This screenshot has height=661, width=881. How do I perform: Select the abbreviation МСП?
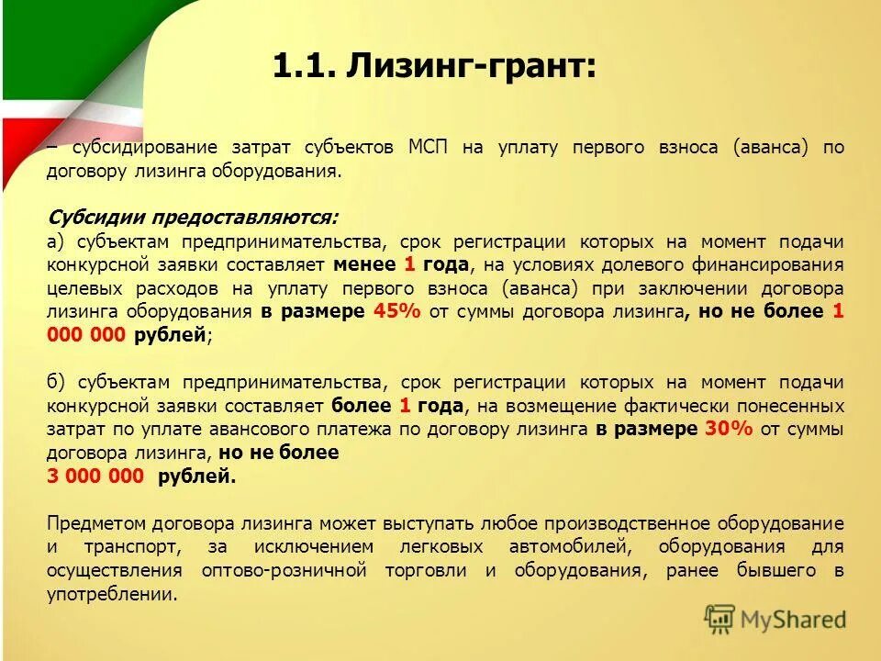click(x=429, y=148)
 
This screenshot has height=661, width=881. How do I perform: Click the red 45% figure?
click(x=396, y=311)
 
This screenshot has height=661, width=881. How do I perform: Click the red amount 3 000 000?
click(x=95, y=476)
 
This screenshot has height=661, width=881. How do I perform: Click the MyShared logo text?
click(x=793, y=620)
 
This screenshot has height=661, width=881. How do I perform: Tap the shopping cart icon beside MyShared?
click(x=720, y=619)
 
